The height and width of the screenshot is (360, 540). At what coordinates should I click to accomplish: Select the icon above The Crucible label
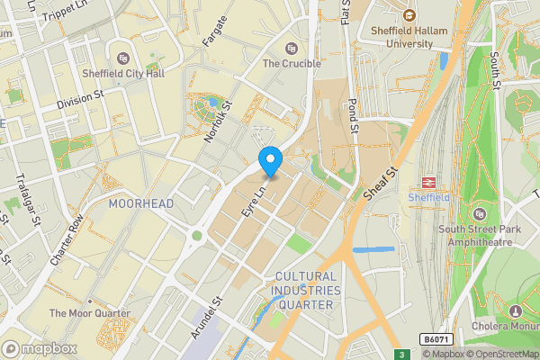tap(291, 48)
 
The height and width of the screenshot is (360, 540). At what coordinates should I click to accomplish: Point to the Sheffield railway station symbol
tap(428, 180)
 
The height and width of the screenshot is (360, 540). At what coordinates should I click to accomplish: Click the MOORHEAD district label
tap(140, 204)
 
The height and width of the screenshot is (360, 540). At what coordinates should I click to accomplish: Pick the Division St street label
tap(80, 103)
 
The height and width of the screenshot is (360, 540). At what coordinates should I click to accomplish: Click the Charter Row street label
tap(68, 238)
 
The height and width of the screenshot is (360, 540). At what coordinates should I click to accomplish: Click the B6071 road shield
tap(436, 339)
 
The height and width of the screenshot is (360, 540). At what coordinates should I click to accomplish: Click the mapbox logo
tap(40, 347)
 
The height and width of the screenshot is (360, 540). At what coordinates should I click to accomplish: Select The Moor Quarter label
tap(90, 313)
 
